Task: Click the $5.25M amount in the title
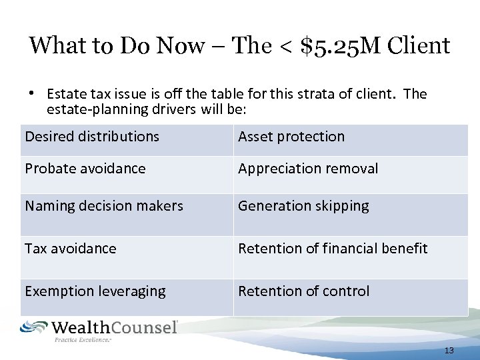(333, 46)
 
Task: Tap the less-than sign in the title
(277, 47)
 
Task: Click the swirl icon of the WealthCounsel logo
(33, 327)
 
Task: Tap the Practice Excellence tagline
(83, 340)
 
